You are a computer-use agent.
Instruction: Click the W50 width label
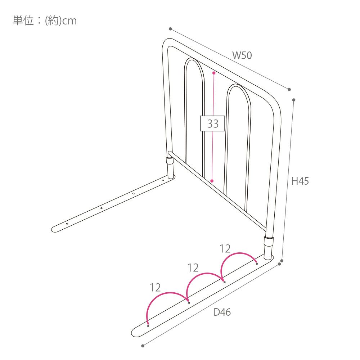pos(242,55)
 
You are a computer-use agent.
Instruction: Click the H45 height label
pos(300,181)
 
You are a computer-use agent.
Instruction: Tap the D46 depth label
pos(222,312)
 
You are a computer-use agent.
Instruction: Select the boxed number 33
pos(213,123)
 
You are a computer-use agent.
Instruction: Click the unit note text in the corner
pos(45,21)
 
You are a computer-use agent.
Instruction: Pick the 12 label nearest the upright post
pos(225,249)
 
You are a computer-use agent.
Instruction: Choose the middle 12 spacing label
pos(193,268)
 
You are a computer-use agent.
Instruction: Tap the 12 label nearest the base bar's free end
pos(155,287)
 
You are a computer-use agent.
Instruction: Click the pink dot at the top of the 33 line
pos(214,73)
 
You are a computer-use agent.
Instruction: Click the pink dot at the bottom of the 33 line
pos(212,181)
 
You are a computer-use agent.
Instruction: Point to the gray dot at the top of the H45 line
pos(294,100)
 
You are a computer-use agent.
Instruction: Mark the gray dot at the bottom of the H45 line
pos(282,261)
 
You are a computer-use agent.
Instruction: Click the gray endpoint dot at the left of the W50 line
pos(170,29)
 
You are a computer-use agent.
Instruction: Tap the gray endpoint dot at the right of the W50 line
pos(289,90)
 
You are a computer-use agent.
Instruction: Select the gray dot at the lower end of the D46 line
pos(143,346)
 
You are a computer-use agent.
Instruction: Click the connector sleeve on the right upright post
pos(269,241)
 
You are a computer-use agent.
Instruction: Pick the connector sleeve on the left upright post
pos(170,160)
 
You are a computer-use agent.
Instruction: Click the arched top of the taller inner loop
pos(194,67)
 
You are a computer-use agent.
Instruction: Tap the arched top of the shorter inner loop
pos(239,93)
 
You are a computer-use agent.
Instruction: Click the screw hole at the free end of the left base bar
pos(67,224)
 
